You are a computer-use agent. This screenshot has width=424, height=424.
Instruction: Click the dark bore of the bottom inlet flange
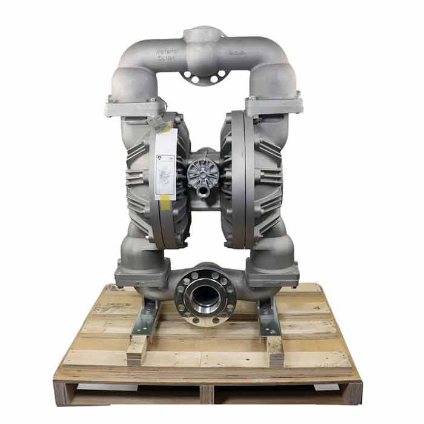pos(206,294)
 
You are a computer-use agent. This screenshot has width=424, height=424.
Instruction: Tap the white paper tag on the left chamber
pos(165,163)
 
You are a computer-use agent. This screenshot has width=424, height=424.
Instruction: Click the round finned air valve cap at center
pos(204,173)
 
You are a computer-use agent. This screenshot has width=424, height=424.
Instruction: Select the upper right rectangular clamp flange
pos(273,104)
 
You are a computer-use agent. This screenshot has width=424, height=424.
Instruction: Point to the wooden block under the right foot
pos(274,349)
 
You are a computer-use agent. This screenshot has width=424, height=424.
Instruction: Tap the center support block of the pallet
pos(206,394)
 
